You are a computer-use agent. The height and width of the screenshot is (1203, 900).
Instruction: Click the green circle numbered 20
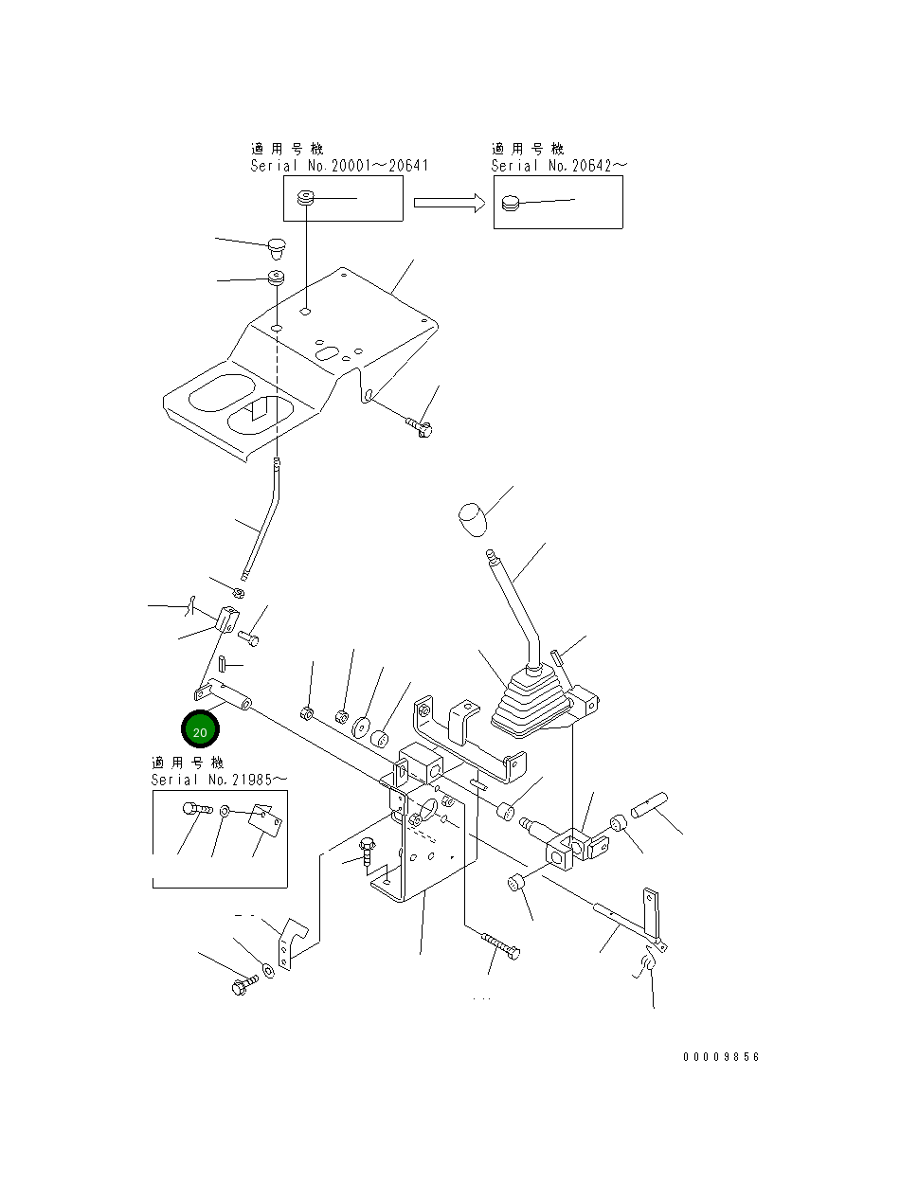click(200, 729)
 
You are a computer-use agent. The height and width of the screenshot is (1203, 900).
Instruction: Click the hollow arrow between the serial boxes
click(449, 203)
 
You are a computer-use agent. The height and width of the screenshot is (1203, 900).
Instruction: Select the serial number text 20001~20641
click(380, 166)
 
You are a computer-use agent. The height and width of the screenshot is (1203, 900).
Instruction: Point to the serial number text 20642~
click(600, 166)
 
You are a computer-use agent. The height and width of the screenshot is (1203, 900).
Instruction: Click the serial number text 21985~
click(259, 780)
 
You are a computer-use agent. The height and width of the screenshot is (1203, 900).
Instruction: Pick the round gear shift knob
click(473, 519)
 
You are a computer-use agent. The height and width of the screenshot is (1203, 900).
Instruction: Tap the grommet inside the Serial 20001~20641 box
click(306, 197)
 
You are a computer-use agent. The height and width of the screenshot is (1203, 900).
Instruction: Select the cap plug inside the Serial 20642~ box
click(511, 204)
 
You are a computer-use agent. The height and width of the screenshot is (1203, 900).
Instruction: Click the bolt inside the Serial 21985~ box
click(196, 808)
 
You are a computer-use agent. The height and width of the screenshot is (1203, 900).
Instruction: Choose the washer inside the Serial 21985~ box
click(225, 811)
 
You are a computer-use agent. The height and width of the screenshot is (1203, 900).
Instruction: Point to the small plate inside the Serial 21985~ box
click(265, 820)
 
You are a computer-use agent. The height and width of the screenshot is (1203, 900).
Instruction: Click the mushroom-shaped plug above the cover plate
click(277, 248)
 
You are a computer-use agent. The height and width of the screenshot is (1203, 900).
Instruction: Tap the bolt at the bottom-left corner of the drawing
click(244, 985)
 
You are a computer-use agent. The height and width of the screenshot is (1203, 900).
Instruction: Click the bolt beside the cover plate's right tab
click(419, 426)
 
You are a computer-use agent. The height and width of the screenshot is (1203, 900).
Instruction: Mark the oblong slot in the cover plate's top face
click(327, 353)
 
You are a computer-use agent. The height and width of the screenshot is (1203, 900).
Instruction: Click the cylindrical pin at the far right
click(649, 806)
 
